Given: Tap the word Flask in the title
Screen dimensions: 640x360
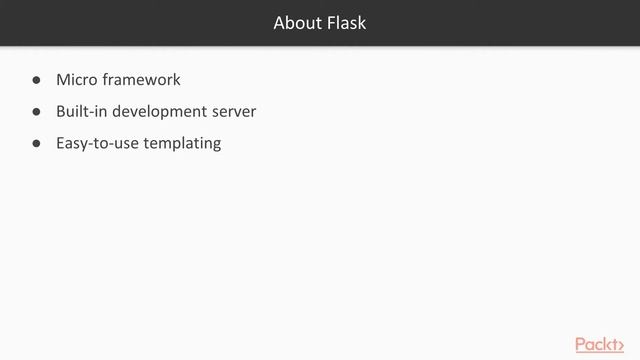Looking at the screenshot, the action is point(347,23).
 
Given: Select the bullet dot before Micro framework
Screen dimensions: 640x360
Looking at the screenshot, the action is point(36,80).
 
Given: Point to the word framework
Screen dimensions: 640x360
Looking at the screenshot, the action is point(141,80).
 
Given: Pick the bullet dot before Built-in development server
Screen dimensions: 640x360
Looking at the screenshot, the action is point(36,112).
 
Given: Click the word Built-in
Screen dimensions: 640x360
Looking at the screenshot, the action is point(82,111).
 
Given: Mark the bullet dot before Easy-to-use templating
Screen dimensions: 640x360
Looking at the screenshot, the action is point(36,144).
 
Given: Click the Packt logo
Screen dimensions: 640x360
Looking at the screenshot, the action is point(600,345).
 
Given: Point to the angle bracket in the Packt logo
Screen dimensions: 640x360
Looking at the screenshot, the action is point(621,347).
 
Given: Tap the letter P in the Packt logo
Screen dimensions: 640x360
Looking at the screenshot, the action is point(581,344).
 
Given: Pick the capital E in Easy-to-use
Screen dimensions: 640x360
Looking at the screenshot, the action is point(60,144).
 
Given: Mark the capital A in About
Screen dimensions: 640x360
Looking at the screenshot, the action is point(280,23).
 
